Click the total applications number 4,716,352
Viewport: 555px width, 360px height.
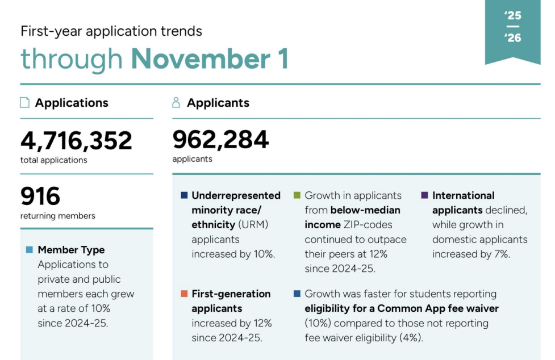coord(76,141)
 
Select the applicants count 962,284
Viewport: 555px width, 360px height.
coord(220,140)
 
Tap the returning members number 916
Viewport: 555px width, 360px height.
coord(40,196)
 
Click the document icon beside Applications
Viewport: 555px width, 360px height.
coord(24,103)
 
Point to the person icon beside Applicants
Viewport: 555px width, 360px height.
coord(176,103)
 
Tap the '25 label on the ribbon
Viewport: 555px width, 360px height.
coord(512,16)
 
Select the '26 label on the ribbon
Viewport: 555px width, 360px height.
coord(512,38)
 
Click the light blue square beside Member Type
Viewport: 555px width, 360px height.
coord(30,250)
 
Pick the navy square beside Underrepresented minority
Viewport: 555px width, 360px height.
coord(184,195)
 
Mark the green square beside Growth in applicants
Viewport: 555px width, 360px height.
coord(297,195)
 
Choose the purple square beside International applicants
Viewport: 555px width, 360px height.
coord(425,195)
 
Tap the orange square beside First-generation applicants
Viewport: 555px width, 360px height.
coord(184,294)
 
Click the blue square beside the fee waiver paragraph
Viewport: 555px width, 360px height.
coord(297,294)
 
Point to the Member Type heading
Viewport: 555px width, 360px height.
coord(71,250)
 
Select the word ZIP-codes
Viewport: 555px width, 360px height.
coord(368,225)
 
